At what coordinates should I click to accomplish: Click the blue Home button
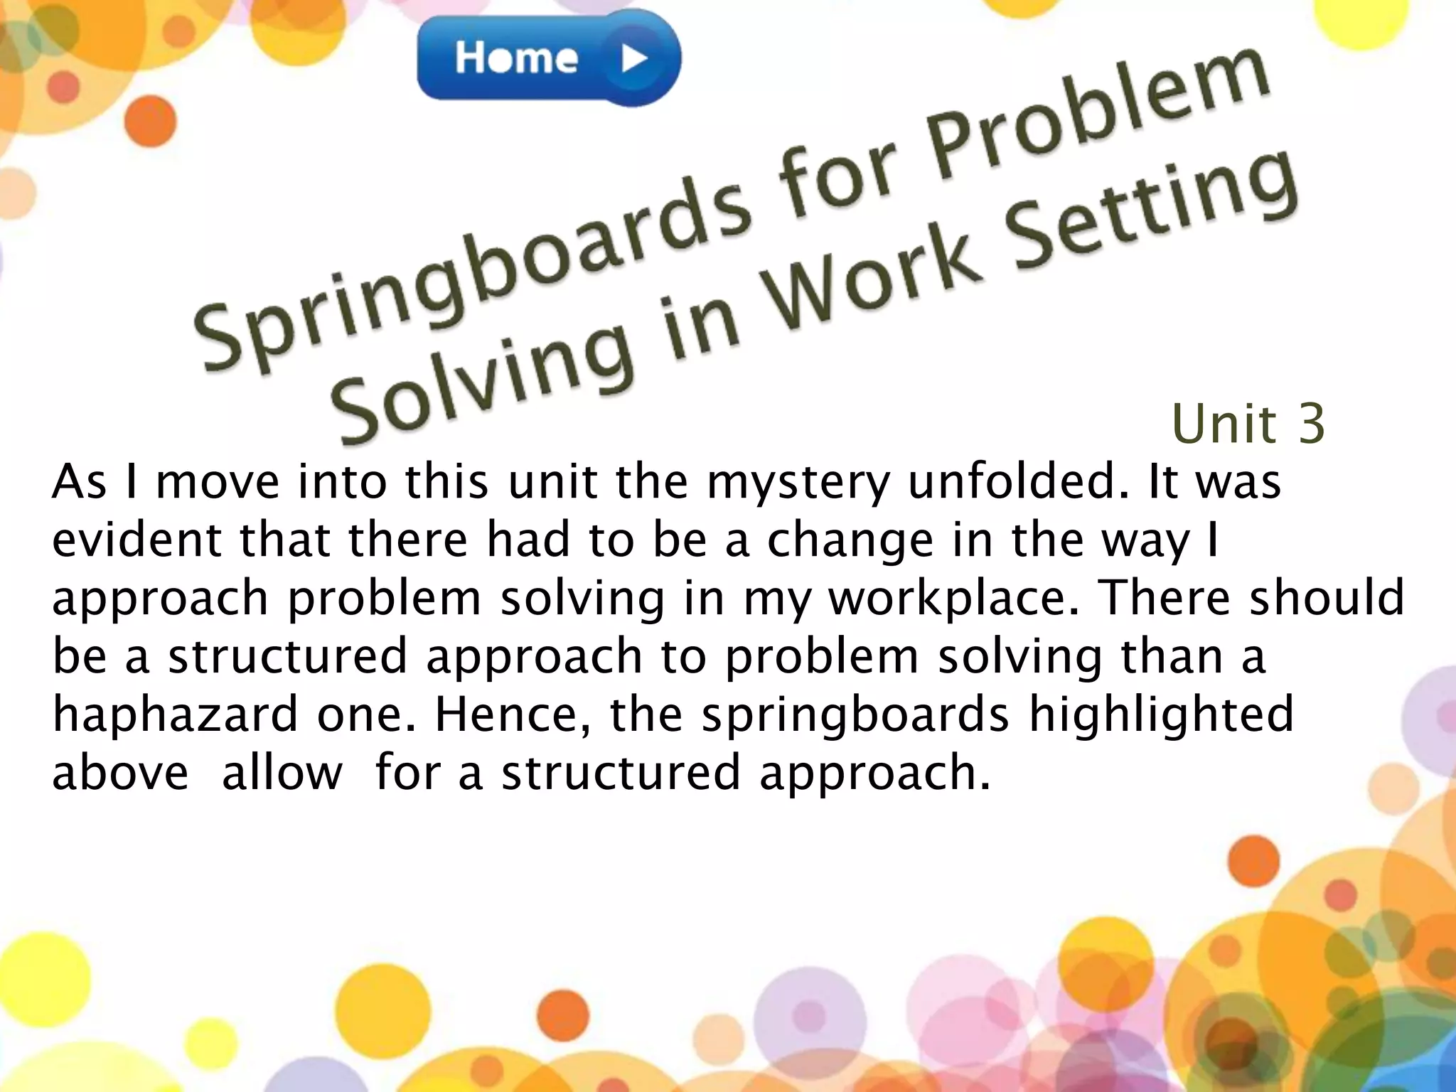click(x=547, y=58)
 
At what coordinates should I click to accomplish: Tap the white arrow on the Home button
click(x=633, y=59)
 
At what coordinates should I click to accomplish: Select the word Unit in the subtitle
click(x=1224, y=424)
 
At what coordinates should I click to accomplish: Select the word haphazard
click(x=175, y=714)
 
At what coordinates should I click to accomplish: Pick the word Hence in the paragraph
click(x=512, y=714)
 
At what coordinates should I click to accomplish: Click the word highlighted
click(x=1161, y=714)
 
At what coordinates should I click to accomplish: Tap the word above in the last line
click(x=120, y=773)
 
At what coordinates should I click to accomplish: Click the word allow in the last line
click(x=282, y=773)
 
